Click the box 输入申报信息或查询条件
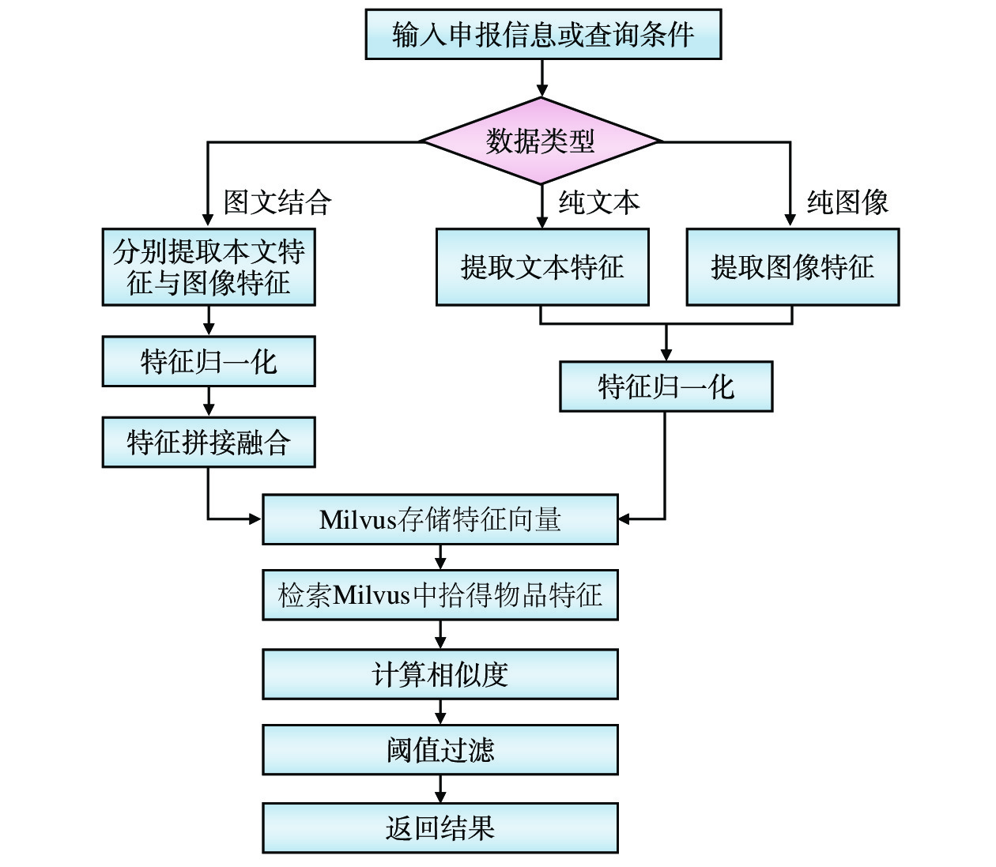tap(543, 34)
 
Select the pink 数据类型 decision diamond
tap(541, 141)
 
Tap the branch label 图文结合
tap(277, 202)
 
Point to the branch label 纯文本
tap(598, 202)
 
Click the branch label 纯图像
tap(847, 202)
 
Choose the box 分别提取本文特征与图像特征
tap(209, 267)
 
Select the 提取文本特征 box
tap(542, 267)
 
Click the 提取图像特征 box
tap(792, 267)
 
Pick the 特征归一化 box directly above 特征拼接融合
tap(209, 361)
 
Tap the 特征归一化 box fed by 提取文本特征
tap(666, 386)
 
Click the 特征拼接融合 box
tap(209, 442)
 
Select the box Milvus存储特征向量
tap(440, 519)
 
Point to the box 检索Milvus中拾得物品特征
tap(440, 594)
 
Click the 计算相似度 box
tap(440, 674)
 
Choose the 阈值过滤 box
tap(440, 749)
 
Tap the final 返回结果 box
tap(440, 827)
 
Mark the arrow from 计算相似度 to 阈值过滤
tap(440, 712)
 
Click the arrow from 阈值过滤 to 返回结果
tap(440, 789)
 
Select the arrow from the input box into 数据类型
tap(541, 78)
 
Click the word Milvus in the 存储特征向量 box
tap(358, 520)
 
